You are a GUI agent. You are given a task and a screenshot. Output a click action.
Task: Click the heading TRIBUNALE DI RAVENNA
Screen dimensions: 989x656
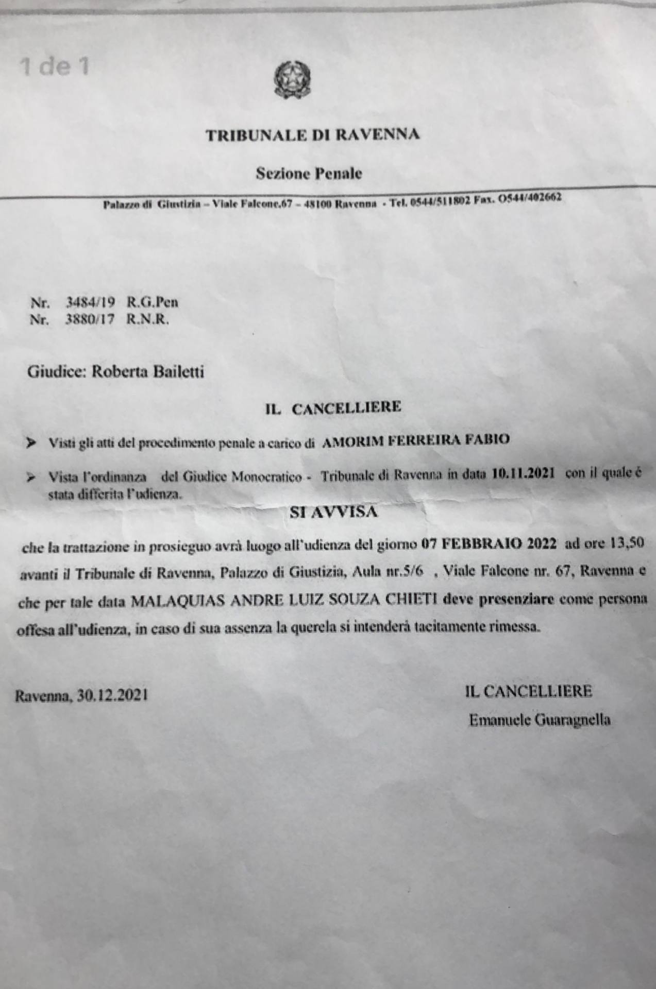(x=312, y=135)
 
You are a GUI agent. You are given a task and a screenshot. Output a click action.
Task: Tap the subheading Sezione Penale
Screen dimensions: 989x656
(x=309, y=174)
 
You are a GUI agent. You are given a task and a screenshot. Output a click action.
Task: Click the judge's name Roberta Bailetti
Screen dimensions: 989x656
(x=147, y=371)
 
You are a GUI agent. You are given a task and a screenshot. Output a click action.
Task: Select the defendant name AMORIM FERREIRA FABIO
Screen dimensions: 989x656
(x=415, y=440)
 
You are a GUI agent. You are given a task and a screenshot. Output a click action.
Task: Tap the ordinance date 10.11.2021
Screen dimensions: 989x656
(x=523, y=474)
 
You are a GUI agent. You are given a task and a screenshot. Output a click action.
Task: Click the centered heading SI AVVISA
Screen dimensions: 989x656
(x=333, y=512)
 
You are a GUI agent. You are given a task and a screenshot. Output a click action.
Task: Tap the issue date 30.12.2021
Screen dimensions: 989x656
(x=112, y=695)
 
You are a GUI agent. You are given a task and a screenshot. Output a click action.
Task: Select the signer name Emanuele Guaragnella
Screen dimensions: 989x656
(x=540, y=720)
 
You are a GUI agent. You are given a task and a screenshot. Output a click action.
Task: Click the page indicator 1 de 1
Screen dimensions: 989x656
(x=54, y=67)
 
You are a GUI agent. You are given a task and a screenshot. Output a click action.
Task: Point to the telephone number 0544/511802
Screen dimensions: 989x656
(x=439, y=201)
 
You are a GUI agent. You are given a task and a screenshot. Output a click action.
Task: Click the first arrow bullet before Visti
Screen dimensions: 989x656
(x=31, y=442)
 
